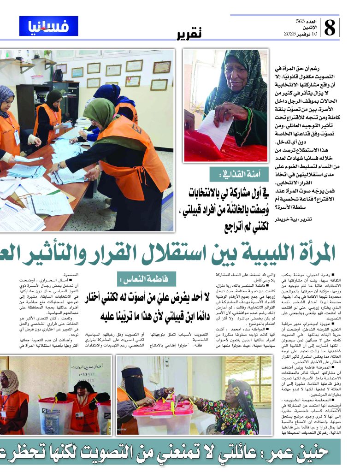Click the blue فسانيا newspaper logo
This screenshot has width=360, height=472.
click(48, 26)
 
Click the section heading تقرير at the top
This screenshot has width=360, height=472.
click(189, 34)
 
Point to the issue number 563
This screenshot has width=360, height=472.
click(300, 22)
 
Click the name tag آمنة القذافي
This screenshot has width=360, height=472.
click(234, 174)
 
